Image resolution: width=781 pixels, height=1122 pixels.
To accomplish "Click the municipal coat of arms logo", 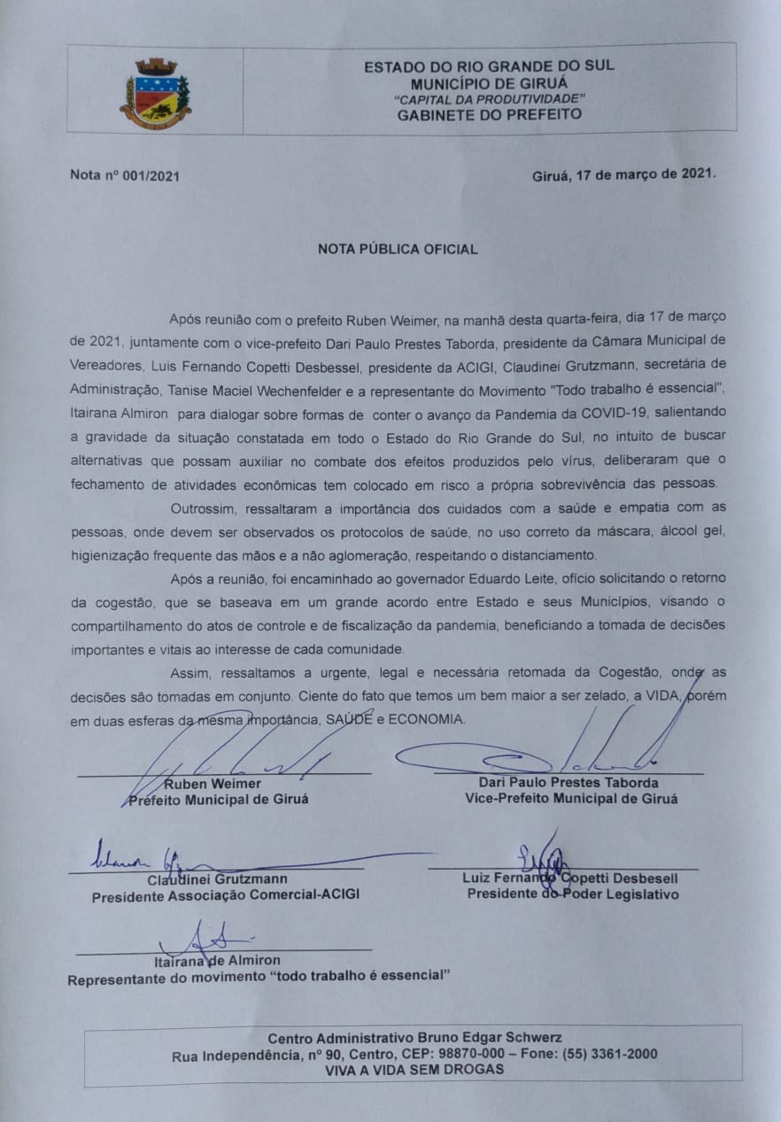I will point(156,93).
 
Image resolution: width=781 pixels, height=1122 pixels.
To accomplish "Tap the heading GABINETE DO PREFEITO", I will point(489,114).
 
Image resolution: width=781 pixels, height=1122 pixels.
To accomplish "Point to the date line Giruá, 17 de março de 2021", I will point(623,174).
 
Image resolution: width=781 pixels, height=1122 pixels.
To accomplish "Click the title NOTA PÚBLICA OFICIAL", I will point(398,249).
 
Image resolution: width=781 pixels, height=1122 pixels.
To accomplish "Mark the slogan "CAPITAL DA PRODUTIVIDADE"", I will point(489,97).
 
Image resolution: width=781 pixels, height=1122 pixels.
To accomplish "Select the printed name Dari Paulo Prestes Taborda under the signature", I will point(568,783).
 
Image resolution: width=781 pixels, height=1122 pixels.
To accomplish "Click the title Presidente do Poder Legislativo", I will point(573,894).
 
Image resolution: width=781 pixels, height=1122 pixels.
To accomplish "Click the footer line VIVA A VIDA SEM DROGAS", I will point(414,1069).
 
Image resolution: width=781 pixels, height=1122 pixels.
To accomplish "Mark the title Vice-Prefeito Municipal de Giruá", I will point(571,798).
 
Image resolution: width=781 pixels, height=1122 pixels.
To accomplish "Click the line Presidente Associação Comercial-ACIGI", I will point(226,895).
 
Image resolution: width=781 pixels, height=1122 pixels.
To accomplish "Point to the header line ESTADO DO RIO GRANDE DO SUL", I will point(489,66).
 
